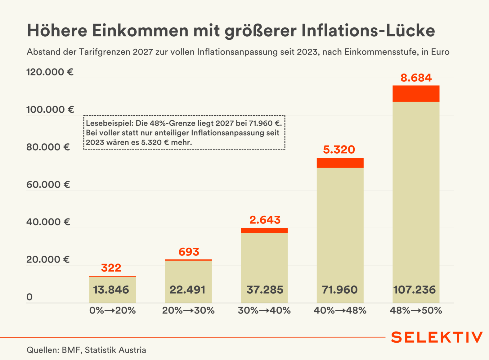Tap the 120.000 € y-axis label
(50, 72)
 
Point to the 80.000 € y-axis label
(48, 147)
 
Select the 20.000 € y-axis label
(48, 259)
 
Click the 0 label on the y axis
(29, 297)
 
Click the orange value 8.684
(416, 78)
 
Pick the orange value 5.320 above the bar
(339, 150)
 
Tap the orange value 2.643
(265, 220)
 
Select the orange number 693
(189, 252)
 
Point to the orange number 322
(111, 268)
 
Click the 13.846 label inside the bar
(111, 290)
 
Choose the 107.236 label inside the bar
(414, 290)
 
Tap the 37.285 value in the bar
(265, 290)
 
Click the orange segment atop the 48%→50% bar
(416, 94)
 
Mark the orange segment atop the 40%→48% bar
(340, 163)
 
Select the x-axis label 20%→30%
(188, 310)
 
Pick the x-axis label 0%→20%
(112, 310)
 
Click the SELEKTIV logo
(437, 337)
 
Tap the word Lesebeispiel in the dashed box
(110, 123)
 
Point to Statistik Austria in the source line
(115, 350)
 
